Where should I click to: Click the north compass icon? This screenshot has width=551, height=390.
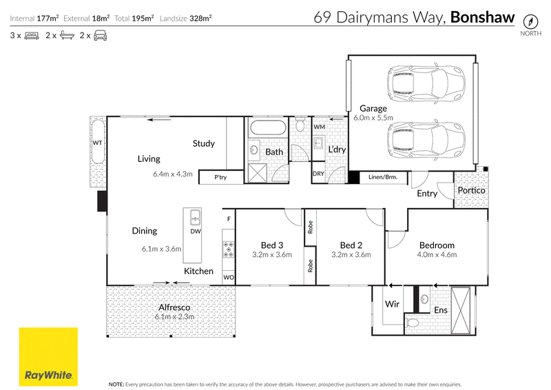point(530,22)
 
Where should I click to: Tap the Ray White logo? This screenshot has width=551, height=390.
point(48,357)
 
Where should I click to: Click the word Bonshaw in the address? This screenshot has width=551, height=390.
point(482,17)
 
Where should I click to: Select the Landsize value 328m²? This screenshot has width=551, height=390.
point(200,19)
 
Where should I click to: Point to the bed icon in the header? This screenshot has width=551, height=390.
point(32,36)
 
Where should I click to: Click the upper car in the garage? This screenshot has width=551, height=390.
point(426,83)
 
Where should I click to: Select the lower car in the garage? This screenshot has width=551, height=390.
point(426,139)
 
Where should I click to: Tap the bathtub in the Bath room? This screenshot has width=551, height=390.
point(267,127)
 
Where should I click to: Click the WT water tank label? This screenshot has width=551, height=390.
point(97,143)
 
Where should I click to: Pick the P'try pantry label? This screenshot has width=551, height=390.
point(220,177)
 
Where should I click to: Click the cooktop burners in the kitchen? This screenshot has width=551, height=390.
point(229,249)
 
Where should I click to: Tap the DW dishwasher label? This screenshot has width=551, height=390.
point(196,232)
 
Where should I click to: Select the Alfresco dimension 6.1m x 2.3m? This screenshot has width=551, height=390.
point(175,316)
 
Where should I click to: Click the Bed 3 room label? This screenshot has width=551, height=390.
point(272,245)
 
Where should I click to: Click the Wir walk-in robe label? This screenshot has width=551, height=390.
point(392,304)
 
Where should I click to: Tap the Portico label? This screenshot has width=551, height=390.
point(471,190)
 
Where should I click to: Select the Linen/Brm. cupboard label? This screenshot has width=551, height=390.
point(383,177)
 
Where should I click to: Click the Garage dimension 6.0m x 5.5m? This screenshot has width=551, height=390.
point(373,118)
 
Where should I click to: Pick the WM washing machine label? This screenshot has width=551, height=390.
point(319,127)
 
